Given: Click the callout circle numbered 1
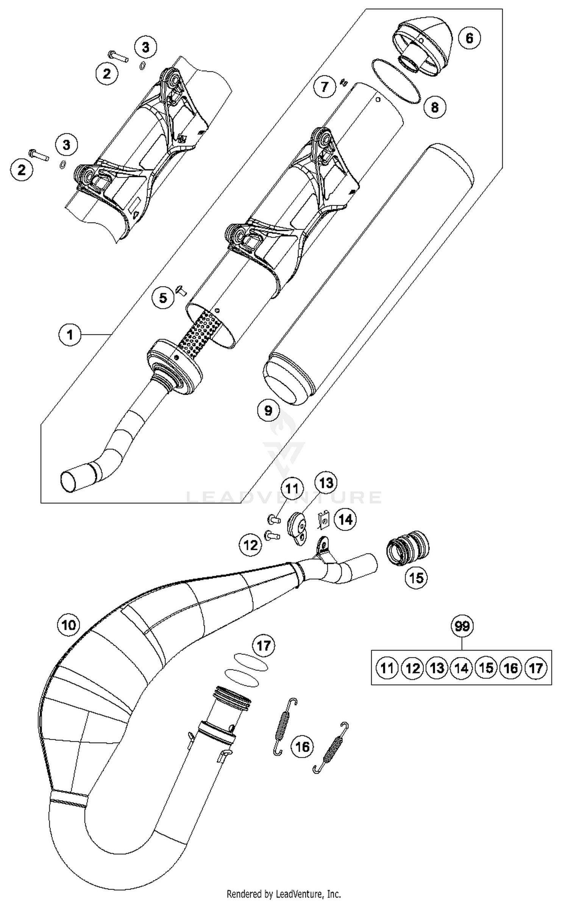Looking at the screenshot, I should (70, 335).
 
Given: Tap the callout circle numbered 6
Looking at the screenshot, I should (469, 38).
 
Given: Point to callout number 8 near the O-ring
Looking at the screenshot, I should (434, 107).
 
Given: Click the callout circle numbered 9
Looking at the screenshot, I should (268, 410).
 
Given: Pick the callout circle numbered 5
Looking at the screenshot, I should (163, 298).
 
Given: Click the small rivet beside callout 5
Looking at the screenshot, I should (183, 291).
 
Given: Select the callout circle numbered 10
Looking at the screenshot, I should (69, 624).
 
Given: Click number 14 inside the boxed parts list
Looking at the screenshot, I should (461, 668).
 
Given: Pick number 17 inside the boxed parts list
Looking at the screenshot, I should (536, 668).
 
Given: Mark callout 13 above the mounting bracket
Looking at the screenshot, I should (326, 483).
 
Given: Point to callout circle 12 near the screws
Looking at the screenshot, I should (250, 545).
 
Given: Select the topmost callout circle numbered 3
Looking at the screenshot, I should (145, 47).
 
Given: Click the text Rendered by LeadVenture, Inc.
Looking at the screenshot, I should (284, 894).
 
